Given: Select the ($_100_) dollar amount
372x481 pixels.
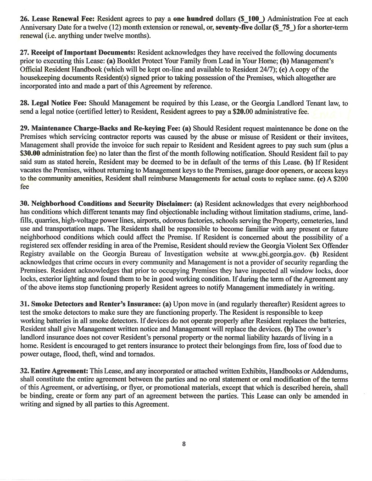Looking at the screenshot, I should click(251, 19).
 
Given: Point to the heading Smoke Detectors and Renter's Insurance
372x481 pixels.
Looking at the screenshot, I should click(89, 304).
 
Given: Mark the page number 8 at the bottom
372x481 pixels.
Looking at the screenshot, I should click(184, 443).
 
